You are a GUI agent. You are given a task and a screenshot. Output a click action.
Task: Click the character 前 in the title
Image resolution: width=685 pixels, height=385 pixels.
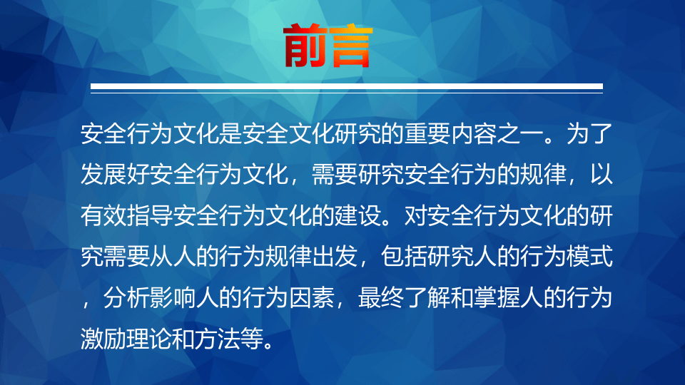point(305,45)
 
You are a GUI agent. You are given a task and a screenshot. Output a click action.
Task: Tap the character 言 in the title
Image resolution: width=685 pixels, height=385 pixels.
point(350,45)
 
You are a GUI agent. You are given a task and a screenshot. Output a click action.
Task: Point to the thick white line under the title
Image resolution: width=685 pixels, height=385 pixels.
point(347,86)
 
